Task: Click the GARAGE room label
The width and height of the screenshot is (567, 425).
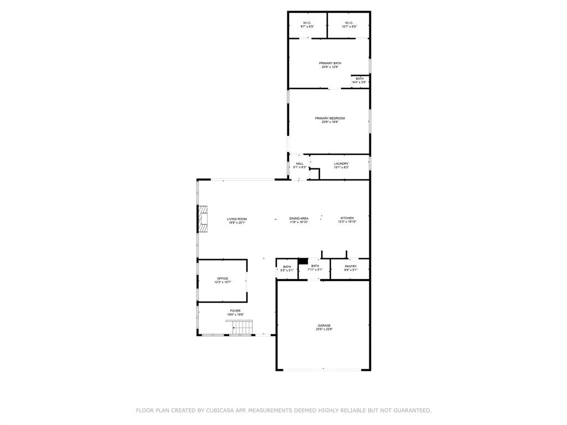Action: click(324, 325)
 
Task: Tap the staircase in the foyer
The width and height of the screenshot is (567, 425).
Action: click(239, 327)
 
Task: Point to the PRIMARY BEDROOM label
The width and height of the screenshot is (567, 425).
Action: click(329, 118)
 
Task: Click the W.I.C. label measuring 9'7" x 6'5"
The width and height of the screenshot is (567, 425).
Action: click(307, 24)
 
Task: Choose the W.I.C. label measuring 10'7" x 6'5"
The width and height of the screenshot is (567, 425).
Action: click(348, 24)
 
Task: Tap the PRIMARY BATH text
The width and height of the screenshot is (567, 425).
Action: click(329, 63)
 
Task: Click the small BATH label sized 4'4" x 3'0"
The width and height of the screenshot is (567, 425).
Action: click(359, 80)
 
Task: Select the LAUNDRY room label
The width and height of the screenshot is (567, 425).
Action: click(341, 163)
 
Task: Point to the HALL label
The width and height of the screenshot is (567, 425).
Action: click(300, 163)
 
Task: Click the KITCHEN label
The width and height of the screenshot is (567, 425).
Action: click(347, 218)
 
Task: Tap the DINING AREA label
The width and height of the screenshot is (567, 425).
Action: click(298, 219)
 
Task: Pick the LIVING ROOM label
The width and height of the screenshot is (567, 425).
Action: click(236, 219)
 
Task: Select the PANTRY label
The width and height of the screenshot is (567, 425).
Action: click(350, 266)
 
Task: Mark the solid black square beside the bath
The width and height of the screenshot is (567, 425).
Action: click(303, 262)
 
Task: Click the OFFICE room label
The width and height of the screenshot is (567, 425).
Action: click(222, 278)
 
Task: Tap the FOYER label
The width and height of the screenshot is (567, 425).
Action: click(235, 311)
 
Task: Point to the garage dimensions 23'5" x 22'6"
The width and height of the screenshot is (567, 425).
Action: click(324, 329)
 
